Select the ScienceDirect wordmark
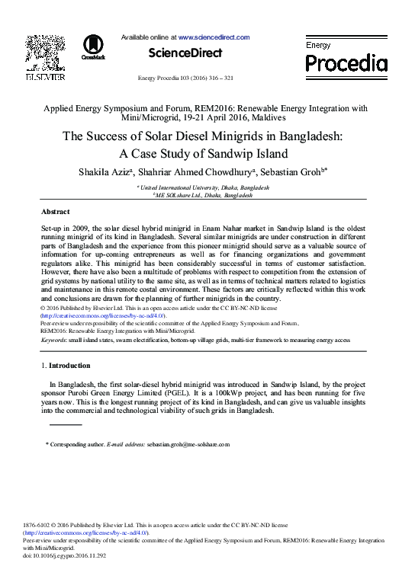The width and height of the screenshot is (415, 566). [x=186, y=53]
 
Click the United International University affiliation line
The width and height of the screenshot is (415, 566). [x=207, y=187]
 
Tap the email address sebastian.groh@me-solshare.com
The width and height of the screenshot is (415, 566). [x=188, y=444]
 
